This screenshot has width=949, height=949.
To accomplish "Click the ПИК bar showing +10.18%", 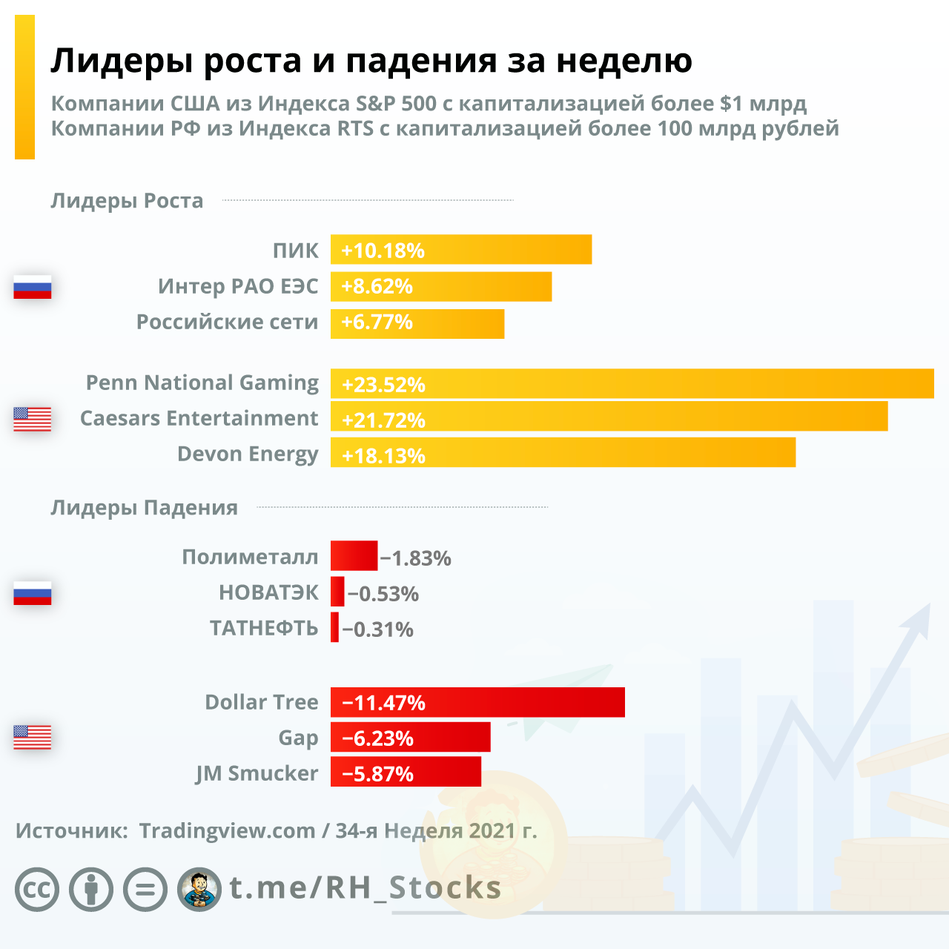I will [x=460, y=250].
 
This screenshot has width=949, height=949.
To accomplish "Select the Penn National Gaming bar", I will [x=632, y=384].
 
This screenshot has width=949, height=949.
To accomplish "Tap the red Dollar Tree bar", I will [x=477, y=702].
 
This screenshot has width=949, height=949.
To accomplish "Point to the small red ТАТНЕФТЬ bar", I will [x=335, y=628].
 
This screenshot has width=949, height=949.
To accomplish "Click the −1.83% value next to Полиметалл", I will [x=416, y=558].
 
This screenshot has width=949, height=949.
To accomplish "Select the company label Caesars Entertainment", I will [x=199, y=418].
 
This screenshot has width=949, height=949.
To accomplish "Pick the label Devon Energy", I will [x=248, y=454].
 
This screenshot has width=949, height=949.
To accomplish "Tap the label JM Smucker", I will [x=257, y=773].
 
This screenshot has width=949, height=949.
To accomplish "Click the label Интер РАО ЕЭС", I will [x=238, y=286].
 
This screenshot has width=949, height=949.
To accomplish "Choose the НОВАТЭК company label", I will [x=268, y=592].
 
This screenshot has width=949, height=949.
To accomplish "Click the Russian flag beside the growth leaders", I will [x=33, y=287].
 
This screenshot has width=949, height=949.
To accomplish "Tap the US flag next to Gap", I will [x=33, y=737].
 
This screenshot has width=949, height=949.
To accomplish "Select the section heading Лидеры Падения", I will [x=144, y=508].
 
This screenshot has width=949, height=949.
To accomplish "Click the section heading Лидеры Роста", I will [x=127, y=201].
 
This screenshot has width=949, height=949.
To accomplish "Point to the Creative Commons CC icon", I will [x=37, y=889].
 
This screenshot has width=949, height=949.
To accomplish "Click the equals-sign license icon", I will [x=145, y=889].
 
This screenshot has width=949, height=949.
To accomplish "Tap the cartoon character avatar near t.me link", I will [x=199, y=889].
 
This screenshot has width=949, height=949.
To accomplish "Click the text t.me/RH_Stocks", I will [x=366, y=887].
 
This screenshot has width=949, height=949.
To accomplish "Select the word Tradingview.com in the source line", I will [x=227, y=831].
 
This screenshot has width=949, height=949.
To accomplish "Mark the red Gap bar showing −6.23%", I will [x=410, y=738].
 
